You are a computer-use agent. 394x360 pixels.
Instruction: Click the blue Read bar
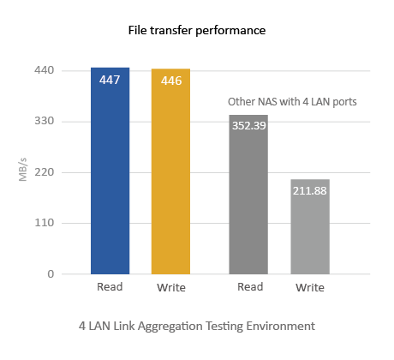(x=110, y=171)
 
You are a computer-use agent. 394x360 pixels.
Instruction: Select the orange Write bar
(x=170, y=171)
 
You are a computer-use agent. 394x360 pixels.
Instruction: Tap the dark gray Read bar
(x=248, y=195)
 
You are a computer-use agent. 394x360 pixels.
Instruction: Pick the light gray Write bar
(x=310, y=227)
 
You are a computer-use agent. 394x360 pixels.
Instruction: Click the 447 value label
(x=110, y=80)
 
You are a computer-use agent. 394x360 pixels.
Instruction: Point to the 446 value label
(x=171, y=81)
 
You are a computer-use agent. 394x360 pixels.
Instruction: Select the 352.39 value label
(x=249, y=126)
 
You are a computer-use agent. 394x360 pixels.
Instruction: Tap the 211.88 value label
(x=310, y=191)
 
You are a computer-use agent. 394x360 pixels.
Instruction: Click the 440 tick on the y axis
(x=44, y=70)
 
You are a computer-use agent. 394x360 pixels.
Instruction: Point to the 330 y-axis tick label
(x=44, y=121)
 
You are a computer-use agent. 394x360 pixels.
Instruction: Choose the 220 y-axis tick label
(x=44, y=172)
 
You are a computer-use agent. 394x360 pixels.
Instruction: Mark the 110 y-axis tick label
(x=44, y=223)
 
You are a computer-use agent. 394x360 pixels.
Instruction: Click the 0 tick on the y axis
(x=51, y=274)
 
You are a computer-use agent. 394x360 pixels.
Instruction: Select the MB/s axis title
(x=22, y=170)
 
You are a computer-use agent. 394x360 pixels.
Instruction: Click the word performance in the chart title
(x=230, y=30)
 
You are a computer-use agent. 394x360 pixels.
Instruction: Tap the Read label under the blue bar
(x=110, y=287)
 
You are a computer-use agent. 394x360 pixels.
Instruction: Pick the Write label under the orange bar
(x=171, y=287)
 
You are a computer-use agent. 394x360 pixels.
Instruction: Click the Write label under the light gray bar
(x=310, y=287)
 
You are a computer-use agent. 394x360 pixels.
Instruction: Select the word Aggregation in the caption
(x=170, y=327)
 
